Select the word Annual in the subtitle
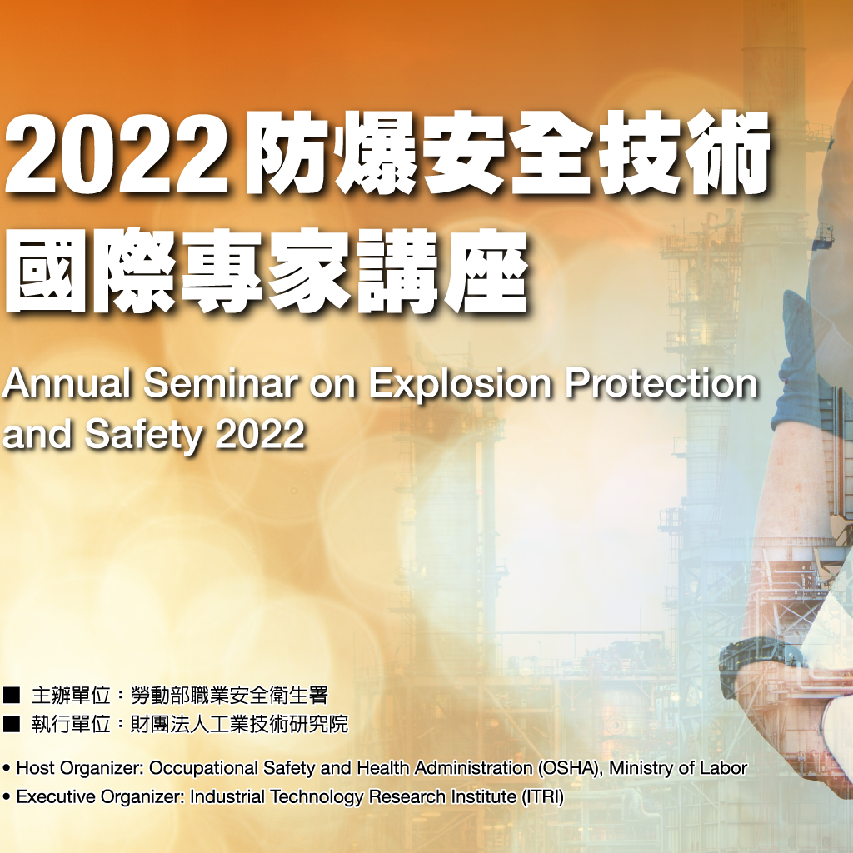(x=67, y=385)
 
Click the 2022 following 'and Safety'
(x=260, y=434)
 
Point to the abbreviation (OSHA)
(x=570, y=768)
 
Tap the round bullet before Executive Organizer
(x=7, y=797)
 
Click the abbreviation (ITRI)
(x=542, y=797)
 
